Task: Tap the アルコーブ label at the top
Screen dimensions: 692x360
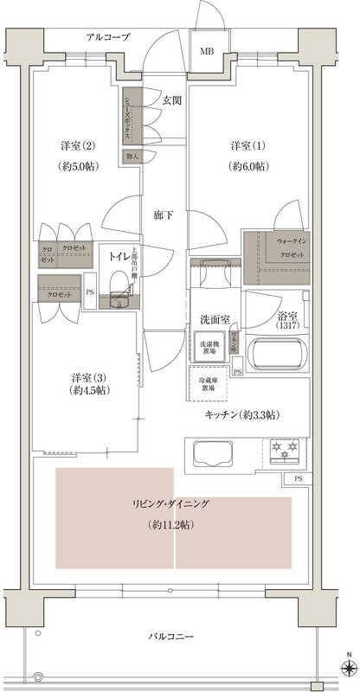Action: click(107, 37)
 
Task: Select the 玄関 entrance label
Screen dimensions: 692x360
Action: click(171, 101)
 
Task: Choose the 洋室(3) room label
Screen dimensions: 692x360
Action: click(87, 378)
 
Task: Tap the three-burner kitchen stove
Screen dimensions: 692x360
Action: click(285, 450)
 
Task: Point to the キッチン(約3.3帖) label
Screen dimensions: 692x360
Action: click(241, 416)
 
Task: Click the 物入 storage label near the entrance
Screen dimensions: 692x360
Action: click(132, 157)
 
